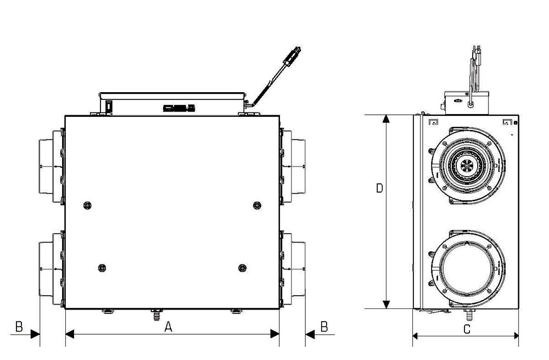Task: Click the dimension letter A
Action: point(169,327)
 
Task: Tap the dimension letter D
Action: point(379,188)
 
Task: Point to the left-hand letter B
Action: point(19,327)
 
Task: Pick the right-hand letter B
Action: point(324,327)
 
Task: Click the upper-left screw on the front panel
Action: point(87,205)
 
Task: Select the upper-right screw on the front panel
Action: point(256,205)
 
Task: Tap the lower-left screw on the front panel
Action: point(102,268)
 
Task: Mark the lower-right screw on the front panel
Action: point(242,268)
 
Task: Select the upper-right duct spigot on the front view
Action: point(294,166)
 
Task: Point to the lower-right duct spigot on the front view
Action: point(294,269)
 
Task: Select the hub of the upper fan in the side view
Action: point(467,164)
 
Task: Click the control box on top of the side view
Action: point(466,103)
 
